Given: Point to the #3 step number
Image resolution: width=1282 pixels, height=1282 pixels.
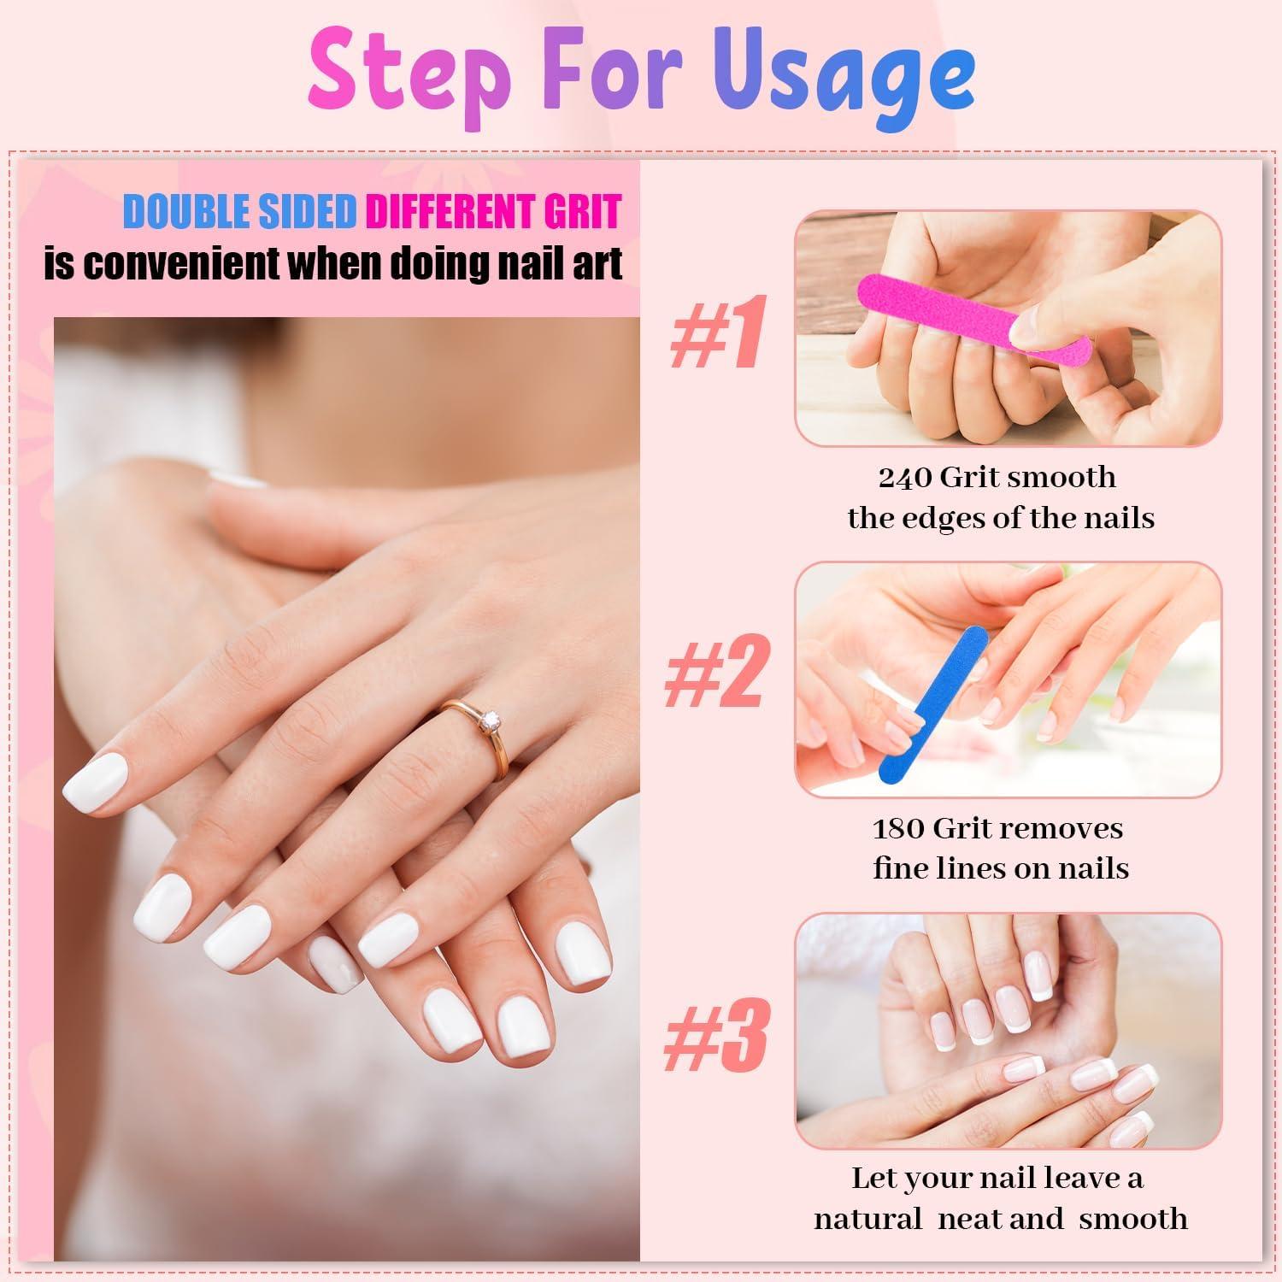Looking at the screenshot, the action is [716, 1036].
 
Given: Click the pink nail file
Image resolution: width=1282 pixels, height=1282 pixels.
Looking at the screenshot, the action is [974, 315].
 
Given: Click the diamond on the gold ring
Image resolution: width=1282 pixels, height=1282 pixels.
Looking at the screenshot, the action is [490, 723].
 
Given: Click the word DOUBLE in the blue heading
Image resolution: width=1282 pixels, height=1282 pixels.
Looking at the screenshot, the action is [187, 212].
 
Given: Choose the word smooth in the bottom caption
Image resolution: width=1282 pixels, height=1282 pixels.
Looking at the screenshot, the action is [1133, 1219].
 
